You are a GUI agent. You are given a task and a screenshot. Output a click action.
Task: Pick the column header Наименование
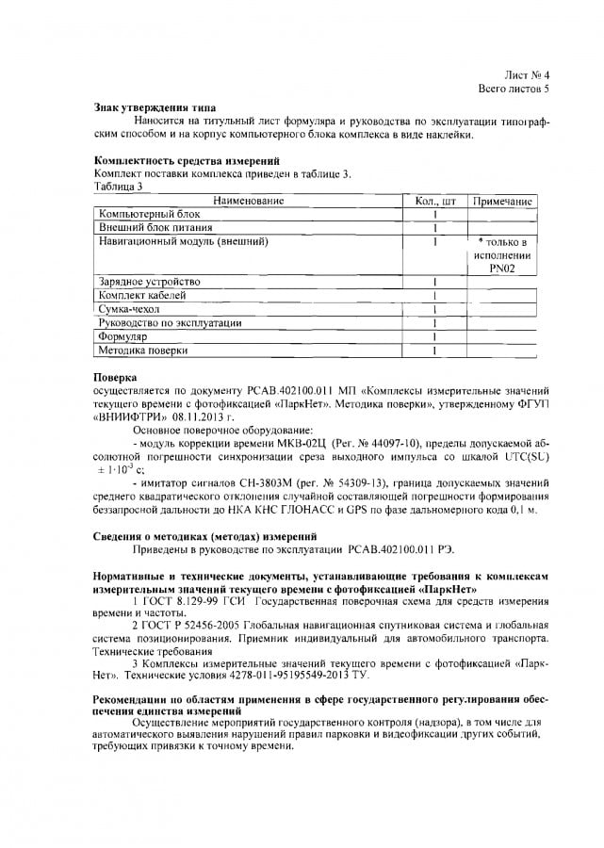[x=248, y=201]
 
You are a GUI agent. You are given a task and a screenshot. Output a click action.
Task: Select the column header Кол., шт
[x=435, y=201]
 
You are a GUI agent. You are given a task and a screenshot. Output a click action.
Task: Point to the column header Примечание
[x=502, y=201]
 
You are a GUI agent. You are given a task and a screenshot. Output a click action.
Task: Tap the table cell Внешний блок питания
[x=155, y=227]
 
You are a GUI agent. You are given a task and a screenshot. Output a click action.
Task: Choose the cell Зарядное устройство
[x=150, y=282]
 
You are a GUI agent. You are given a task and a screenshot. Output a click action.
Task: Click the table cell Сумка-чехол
[x=130, y=309]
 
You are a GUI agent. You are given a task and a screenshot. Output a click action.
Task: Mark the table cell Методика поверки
[x=143, y=351]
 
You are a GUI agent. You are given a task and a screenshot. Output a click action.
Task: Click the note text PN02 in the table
[x=502, y=269]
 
